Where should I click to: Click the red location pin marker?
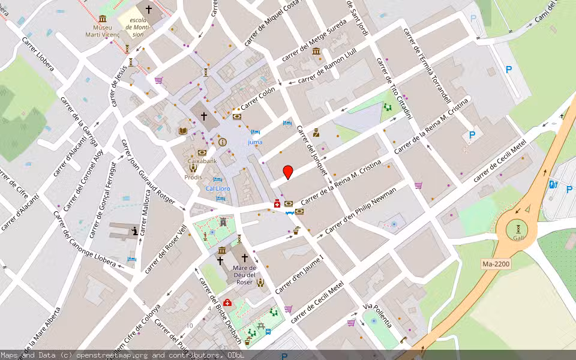288,172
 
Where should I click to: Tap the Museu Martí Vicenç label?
107,31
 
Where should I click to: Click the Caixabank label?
202,162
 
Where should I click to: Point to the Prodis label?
193,178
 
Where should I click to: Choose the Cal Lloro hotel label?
218,188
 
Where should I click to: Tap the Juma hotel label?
255,142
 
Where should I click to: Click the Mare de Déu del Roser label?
244,275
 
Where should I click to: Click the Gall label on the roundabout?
518,238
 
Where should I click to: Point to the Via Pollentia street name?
378,315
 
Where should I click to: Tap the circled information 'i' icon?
223,142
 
